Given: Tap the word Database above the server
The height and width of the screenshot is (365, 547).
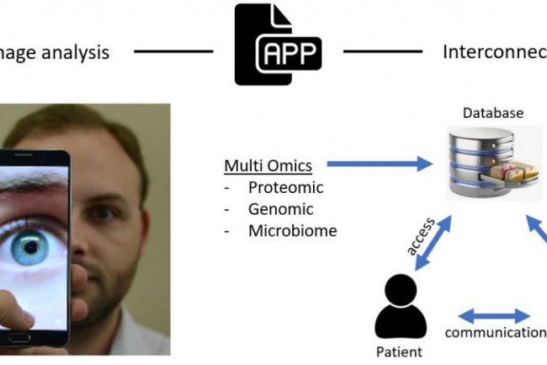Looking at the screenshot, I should pyautogui.click(x=492, y=112).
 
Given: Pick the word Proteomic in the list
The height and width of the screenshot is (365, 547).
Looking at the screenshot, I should pyautogui.click(x=285, y=187).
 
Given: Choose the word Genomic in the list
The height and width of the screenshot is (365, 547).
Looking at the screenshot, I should pyautogui.click(x=280, y=208).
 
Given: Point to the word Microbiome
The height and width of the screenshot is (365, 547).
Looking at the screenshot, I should pyautogui.click(x=292, y=229).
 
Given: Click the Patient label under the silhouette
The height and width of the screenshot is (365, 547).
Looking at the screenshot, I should pyautogui.click(x=398, y=351).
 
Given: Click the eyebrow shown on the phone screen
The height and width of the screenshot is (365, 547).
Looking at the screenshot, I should pyautogui.click(x=34, y=187).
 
